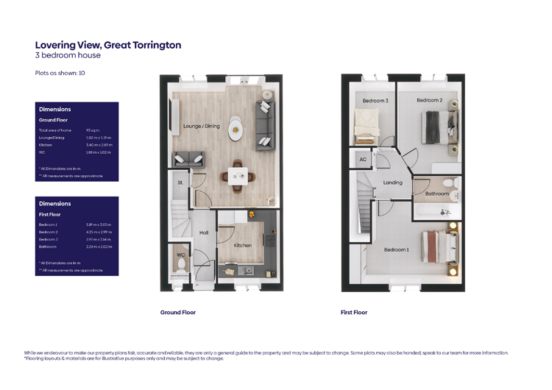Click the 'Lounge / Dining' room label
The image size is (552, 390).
(x=201, y=126)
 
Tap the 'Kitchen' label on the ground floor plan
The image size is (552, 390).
(x=243, y=245)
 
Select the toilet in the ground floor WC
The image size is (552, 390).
(x=180, y=262)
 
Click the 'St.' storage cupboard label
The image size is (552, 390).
(x=180, y=182)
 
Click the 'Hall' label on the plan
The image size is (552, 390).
(x=204, y=233)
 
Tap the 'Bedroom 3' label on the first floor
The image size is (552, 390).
(x=375, y=101)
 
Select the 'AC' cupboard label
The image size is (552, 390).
(x=363, y=159)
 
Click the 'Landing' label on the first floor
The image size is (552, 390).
(x=392, y=182)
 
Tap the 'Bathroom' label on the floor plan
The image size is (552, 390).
(x=436, y=194)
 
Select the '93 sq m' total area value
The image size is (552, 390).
(x=93, y=130)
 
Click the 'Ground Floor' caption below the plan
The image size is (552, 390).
(x=178, y=313)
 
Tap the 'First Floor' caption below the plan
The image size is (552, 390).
(x=353, y=313)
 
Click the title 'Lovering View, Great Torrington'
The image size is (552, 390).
(x=108, y=45)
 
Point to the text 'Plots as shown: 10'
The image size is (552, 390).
(x=60, y=74)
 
